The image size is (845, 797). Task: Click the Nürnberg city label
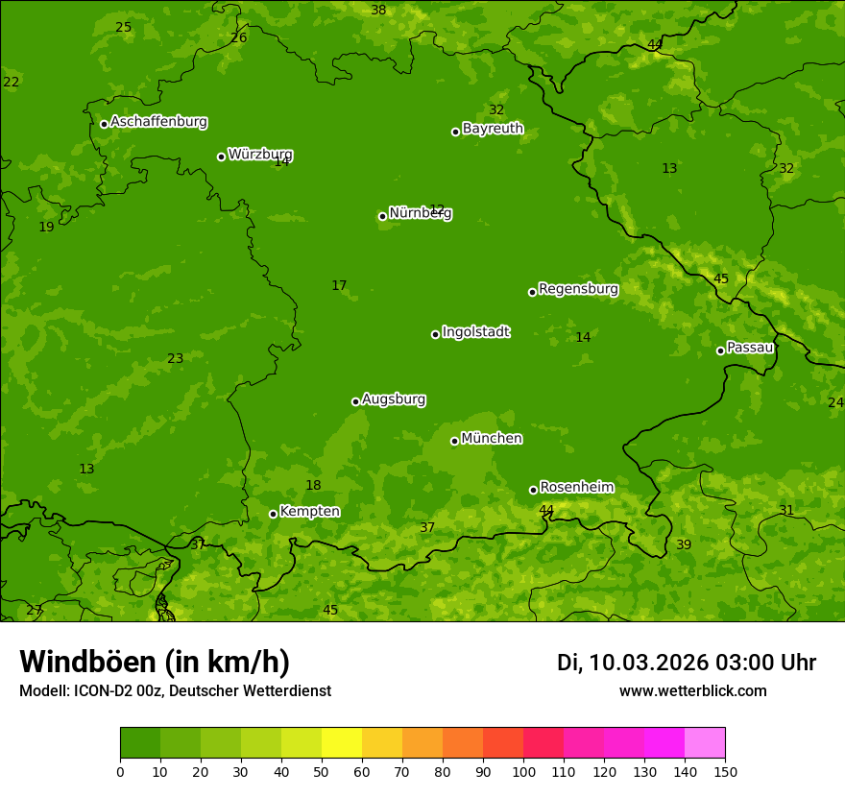pyautogui.click(x=421, y=213)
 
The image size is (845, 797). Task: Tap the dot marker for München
pyautogui.click(x=454, y=441)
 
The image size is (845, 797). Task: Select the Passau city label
pyautogui.click(x=750, y=348)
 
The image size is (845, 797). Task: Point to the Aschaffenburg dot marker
pyautogui.click(x=104, y=124)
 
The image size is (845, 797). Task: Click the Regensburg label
pyautogui.click(x=578, y=289)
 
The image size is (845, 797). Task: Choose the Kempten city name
pyautogui.click(x=309, y=511)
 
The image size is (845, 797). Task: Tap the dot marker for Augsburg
pyautogui.click(x=355, y=401)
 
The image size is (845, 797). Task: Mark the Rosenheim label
pyautogui.click(x=576, y=487)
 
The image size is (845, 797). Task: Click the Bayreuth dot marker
pyautogui.click(x=455, y=132)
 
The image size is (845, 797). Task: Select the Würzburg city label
pyautogui.click(x=260, y=155)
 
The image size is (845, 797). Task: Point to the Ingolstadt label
pyautogui.click(x=475, y=332)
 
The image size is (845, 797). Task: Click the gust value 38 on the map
pyautogui.click(x=378, y=11)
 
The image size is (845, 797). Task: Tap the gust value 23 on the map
pyautogui.click(x=175, y=359)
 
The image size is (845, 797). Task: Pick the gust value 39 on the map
pyautogui.click(x=684, y=544)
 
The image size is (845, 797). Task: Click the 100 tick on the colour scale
pyautogui.click(x=523, y=771)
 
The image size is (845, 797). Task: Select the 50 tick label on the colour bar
pyautogui.click(x=322, y=771)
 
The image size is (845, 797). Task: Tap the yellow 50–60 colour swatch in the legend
pyautogui.click(x=342, y=742)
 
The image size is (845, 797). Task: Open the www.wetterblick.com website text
pyautogui.click(x=692, y=690)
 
